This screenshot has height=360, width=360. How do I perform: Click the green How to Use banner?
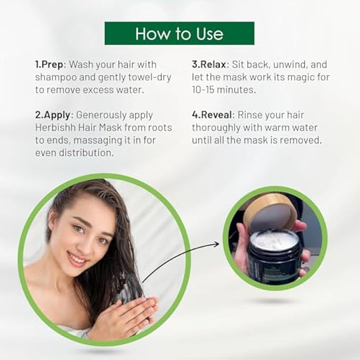coord(179,33)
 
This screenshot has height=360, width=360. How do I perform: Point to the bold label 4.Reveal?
coord(214,115)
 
